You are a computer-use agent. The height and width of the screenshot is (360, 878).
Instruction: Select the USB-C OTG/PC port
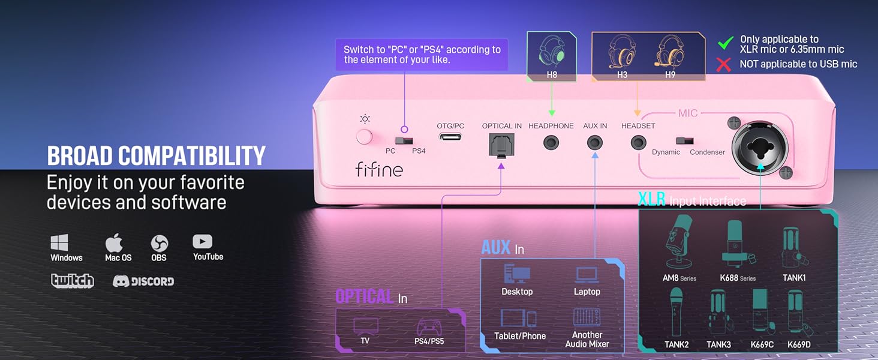[x=450, y=137]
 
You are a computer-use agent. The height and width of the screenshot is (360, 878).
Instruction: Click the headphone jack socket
[x=551, y=143]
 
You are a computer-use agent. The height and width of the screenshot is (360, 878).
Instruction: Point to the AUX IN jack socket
[x=595, y=143]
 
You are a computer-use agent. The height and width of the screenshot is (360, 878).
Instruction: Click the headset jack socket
[x=638, y=143]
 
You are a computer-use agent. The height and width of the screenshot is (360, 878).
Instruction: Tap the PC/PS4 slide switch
[x=406, y=140]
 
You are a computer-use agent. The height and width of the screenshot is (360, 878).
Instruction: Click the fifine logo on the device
[x=378, y=169]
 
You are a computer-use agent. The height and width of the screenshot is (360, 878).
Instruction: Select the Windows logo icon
[x=59, y=243]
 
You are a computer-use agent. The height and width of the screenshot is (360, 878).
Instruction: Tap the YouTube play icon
[x=203, y=241]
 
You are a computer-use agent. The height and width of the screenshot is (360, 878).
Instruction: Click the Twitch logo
[x=73, y=281]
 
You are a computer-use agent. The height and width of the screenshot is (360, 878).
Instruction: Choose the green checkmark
[x=726, y=43]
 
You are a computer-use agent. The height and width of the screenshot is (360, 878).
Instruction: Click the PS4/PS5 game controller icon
[x=429, y=327]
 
